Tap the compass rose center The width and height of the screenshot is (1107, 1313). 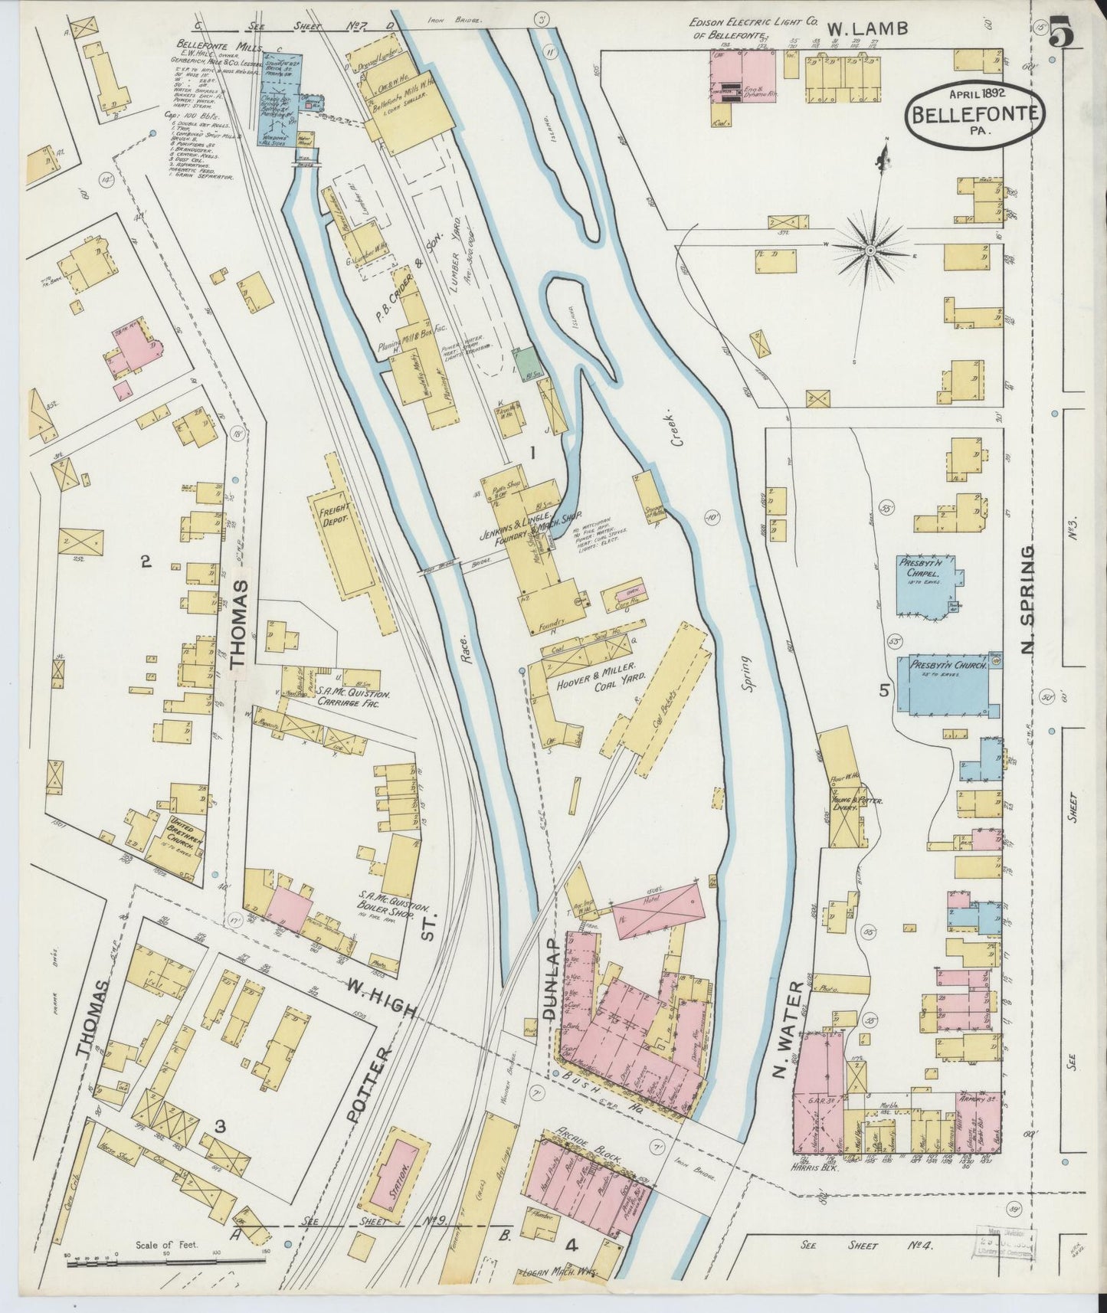tap(871, 250)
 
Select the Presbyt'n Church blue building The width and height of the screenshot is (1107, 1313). tap(948, 685)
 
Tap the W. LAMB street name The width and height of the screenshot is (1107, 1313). tap(870, 30)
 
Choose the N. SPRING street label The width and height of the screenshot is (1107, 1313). tap(1027, 601)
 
